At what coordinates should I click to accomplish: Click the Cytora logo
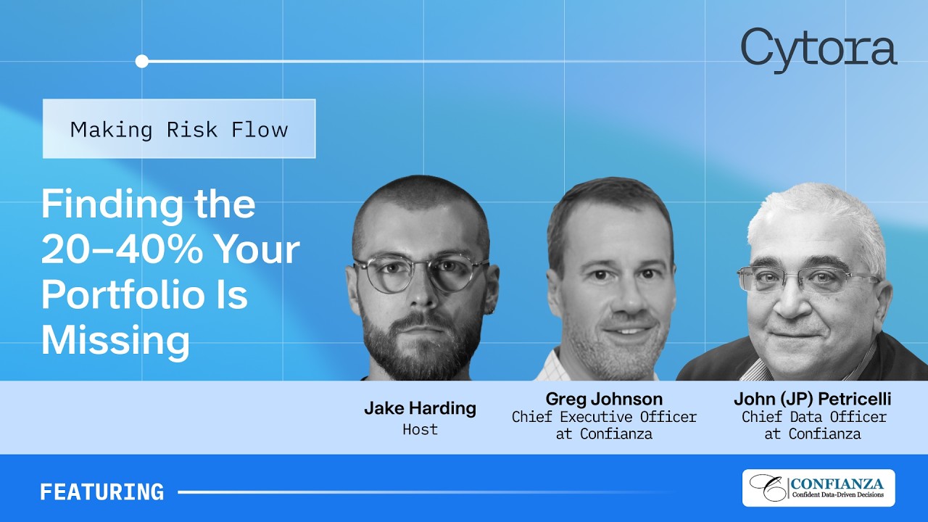(819, 49)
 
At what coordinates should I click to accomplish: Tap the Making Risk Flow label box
(179, 129)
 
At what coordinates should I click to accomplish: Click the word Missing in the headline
(115, 339)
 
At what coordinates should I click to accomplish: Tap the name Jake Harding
(420, 407)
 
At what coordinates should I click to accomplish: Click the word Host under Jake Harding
(420, 429)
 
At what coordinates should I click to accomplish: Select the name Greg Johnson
(604, 399)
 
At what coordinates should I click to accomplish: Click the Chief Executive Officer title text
(604, 417)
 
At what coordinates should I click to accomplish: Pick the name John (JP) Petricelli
(812, 399)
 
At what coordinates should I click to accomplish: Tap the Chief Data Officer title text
(813, 417)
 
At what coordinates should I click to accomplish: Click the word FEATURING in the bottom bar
(101, 492)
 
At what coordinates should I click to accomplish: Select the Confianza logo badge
(818, 488)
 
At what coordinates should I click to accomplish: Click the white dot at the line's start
(142, 61)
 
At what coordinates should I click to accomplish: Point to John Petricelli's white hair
(812, 210)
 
